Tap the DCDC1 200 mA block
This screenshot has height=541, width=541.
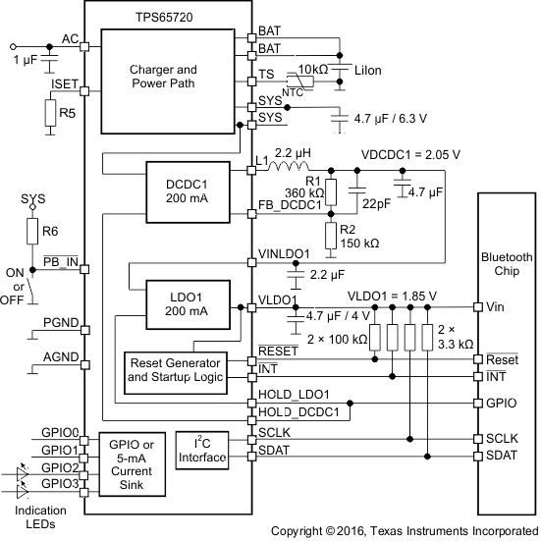[x=178, y=189]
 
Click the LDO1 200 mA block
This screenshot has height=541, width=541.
[x=178, y=304]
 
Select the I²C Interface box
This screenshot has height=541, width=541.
[x=201, y=451]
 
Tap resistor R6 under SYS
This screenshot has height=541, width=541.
[x=32, y=233]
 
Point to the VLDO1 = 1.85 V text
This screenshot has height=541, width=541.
[x=393, y=295]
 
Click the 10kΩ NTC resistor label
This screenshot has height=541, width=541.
[x=314, y=70]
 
